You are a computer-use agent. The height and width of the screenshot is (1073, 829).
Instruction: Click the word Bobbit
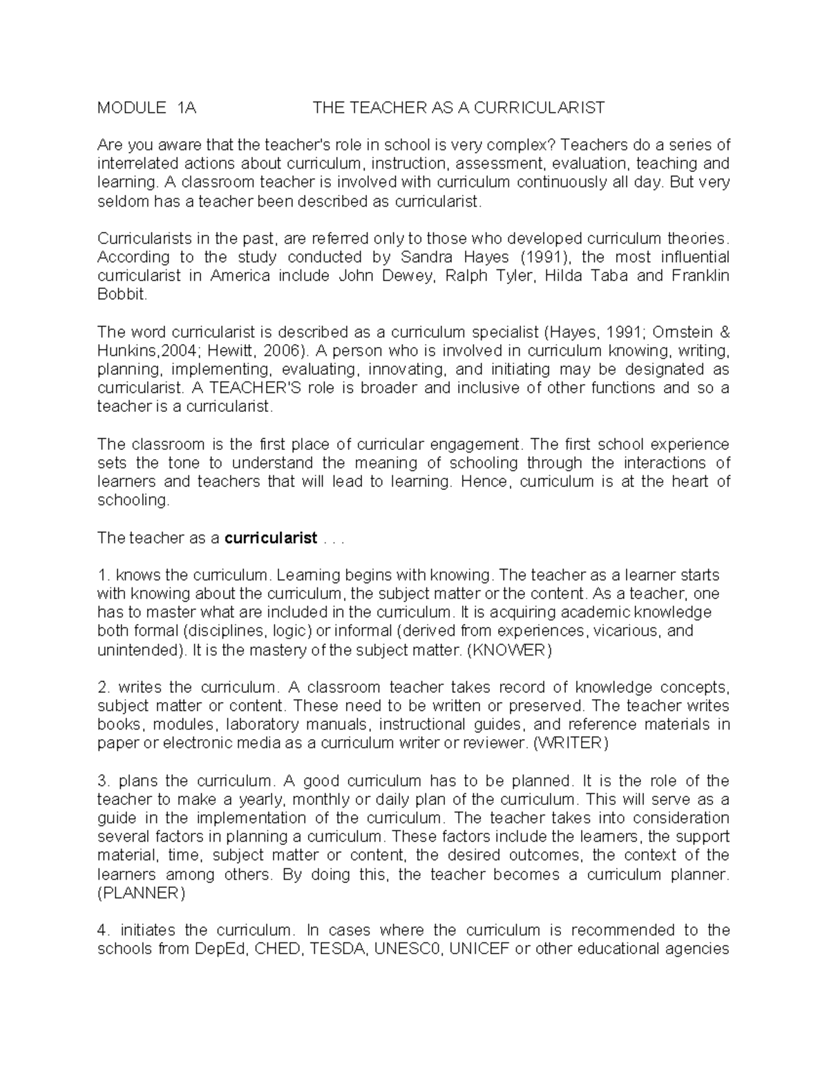click(122, 295)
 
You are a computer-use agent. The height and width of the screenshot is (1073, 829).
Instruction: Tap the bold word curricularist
click(271, 538)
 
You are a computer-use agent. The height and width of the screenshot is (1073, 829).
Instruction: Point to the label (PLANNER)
click(141, 893)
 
